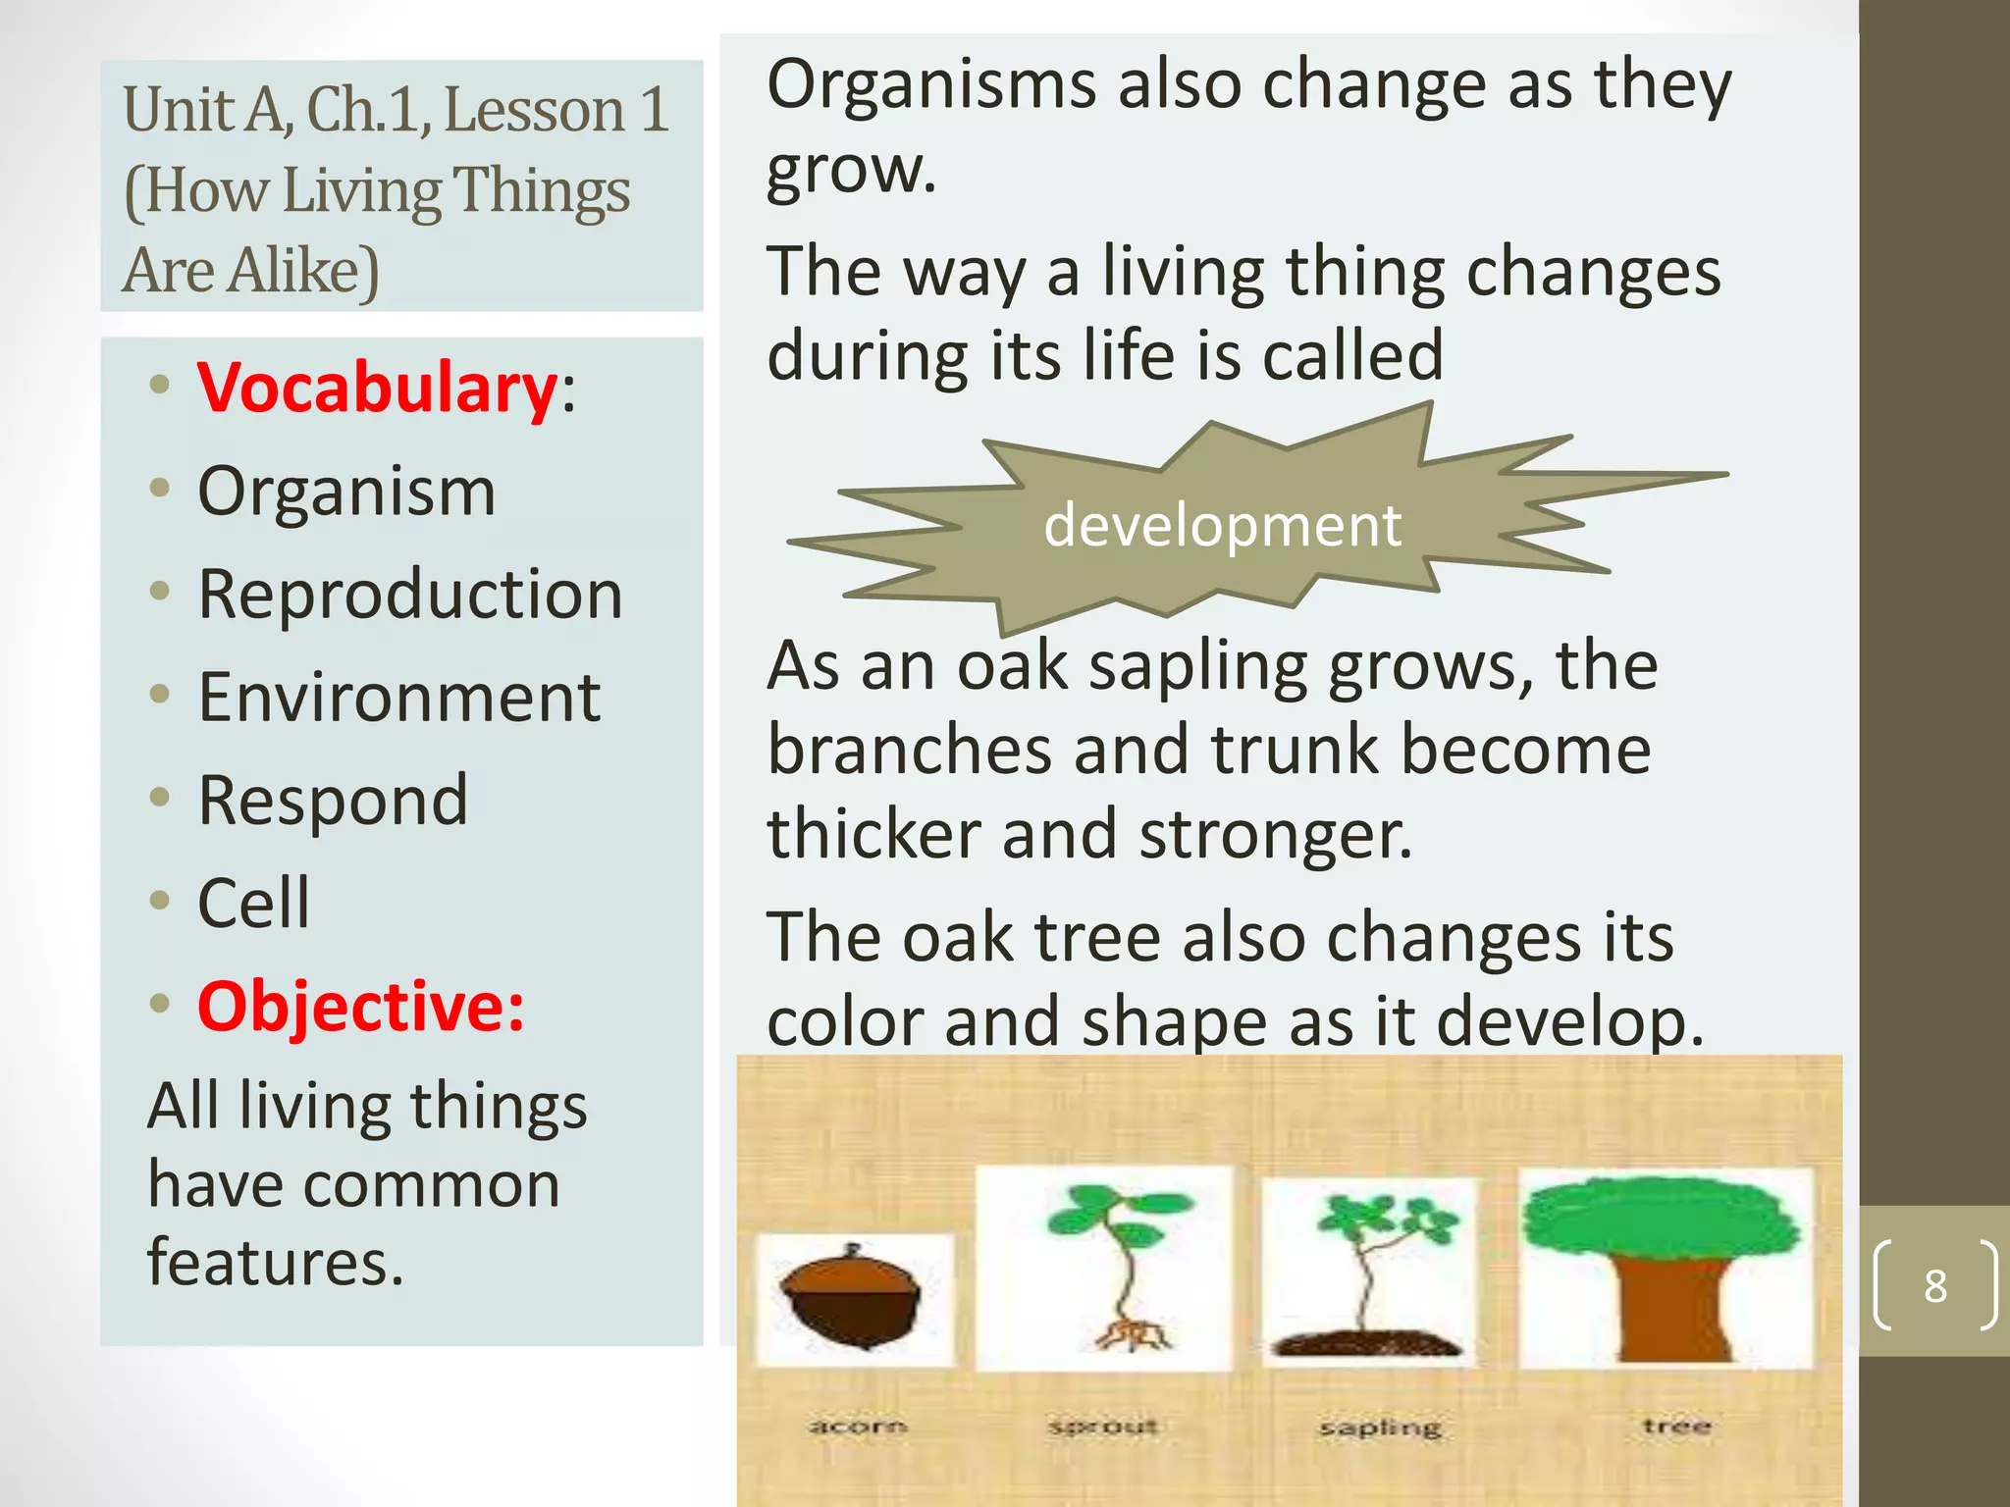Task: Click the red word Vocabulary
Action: [x=377, y=388]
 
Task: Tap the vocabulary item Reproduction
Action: [x=410, y=595]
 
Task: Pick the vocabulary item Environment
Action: [x=398, y=698]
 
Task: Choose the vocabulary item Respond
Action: [x=333, y=801]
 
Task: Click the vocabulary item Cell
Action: [x=253, y=903]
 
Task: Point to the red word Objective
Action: [x=359, y=1007]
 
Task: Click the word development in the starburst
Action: [x=1222, y=525]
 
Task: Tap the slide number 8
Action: [x=1934, y=1286]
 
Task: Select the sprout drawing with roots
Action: [x=1122, y=1266]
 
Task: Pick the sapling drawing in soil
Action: [x=1367, y=1275]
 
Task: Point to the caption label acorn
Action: [x=857, y=1426]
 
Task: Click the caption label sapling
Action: [x=1380, y=1428]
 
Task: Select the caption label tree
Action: [x=1676, y=1425]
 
